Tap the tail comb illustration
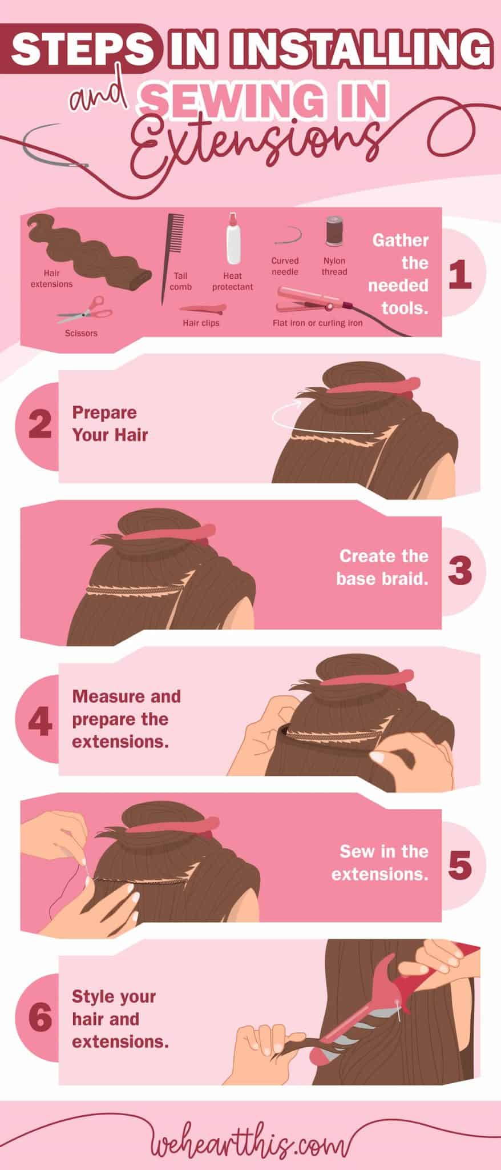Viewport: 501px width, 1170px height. click(176, 240)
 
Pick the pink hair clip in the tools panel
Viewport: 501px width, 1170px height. click(203, 309)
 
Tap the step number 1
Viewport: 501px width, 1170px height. click(460, 275)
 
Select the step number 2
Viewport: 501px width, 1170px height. click(39, 425)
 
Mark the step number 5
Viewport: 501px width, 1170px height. click(460, 865)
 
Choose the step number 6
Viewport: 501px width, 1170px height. click(39, 1019)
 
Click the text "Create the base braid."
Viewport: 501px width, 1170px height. click(383, 567)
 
